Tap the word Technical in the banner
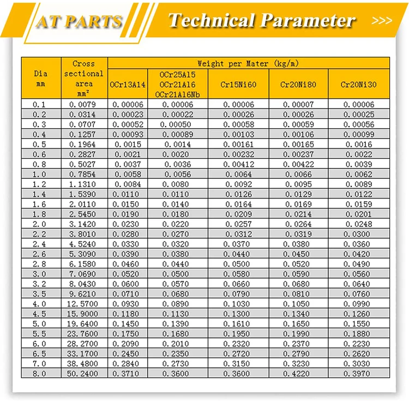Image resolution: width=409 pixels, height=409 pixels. click(x=210, y=20)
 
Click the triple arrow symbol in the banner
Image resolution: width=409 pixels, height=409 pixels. click(x=381, y=21)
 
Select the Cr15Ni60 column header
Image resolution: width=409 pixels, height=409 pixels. click(x=238, y=85)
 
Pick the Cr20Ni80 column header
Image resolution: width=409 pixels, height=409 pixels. click(x=298, y=85)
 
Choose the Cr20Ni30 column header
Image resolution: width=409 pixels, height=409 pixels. click(x=358, y=85)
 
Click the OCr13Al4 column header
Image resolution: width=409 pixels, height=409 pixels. click(x=128, y=85)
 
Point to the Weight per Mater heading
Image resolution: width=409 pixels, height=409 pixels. click(x=248, y=64)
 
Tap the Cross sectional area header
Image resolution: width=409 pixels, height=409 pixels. click(x=84, y=79)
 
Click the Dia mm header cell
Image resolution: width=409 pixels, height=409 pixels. click(x=41, y=79)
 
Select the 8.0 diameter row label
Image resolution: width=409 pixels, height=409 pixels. click(x=41, y=373)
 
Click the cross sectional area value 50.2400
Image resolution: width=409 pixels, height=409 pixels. click(x=84, y=373)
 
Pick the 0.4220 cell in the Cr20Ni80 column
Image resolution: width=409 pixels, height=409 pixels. click(x=298, y=373)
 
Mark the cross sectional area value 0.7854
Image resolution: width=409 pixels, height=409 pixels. click(x=84, y=174)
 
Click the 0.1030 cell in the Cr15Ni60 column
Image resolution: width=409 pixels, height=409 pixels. click(x=238, y=303)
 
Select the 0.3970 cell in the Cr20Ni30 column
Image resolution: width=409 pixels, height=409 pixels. click(x=358, y=373)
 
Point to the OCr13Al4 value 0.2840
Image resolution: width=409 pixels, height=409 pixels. click(x=128, y=363)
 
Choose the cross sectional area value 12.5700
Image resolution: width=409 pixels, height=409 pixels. click(x=84, y=303)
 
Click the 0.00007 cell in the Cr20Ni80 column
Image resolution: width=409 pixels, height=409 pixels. click(x=298, y=105)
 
